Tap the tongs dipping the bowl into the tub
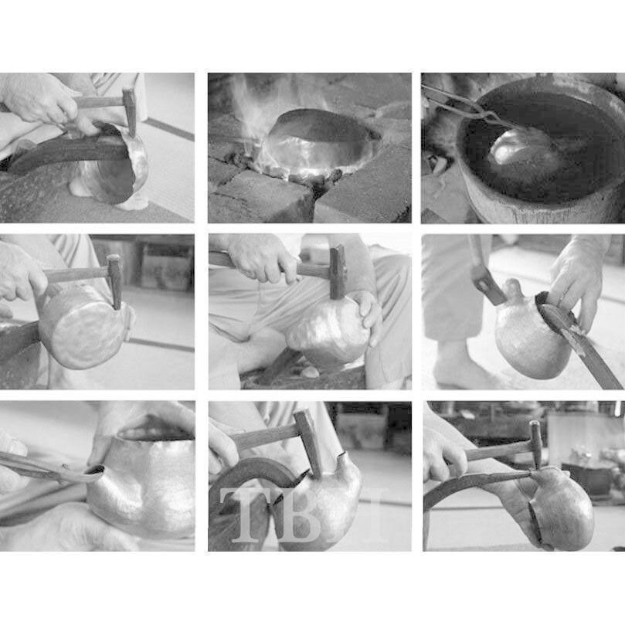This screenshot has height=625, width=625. click(x=470, y=107)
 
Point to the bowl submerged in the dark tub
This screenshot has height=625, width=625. click(x=522, y=147)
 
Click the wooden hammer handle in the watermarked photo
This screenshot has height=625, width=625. click(x=263, y=438)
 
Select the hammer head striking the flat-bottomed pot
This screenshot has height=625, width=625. click(x=115, y=281)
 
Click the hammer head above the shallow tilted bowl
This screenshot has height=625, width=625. click(x=130, y=112)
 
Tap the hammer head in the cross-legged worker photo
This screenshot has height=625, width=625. click(x=337, y=272)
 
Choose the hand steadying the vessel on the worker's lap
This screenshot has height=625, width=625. click(x=368, y=316)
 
